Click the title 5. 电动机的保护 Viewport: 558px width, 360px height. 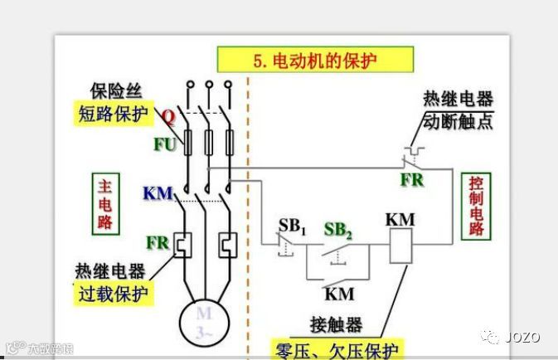314,60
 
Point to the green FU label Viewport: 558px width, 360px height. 165,144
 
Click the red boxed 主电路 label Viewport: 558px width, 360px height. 104,202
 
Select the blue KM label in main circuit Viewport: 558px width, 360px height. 158,194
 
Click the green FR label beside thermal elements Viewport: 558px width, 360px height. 158,243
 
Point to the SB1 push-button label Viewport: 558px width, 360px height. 292,226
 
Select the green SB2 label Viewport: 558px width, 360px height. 338,230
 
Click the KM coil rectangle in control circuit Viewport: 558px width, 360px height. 400,247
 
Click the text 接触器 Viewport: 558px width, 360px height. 337,324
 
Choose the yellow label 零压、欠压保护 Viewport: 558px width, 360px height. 338,348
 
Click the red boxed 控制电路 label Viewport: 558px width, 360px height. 476,206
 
